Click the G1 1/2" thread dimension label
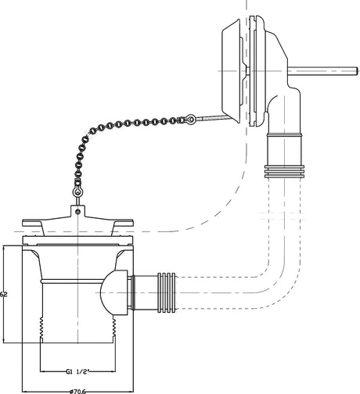[x=77, y=371]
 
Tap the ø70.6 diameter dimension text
[x=77, y=391]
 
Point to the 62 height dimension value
[x=3, y=294]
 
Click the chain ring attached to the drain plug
[x=77, y=192]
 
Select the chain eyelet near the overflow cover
[x=189, y=119]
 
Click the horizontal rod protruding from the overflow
[x=322, y=71]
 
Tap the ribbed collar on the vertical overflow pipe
[x=284, y=171]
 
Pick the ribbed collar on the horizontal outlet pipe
[x=167, y=292]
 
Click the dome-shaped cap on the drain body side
[x=113, y=292]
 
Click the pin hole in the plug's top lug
[x=77, y=212]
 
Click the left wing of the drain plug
[x=33, y=224]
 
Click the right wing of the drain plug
[x=123, y=224]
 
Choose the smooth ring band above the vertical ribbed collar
[x=284, y=135]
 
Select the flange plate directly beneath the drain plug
[x=77, y=240]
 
